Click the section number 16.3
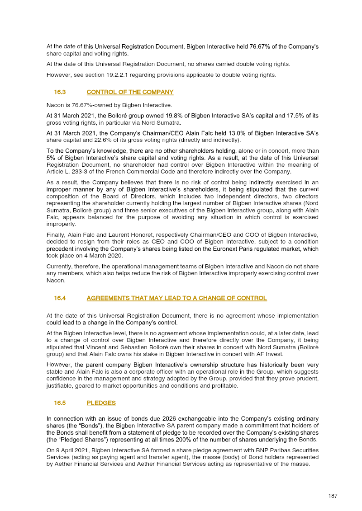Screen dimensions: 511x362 [60, 92]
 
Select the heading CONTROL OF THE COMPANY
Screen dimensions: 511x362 [130, 92]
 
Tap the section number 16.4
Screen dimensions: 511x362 [60, 298]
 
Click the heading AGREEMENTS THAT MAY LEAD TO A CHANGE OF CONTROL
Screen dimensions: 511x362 [176, 298]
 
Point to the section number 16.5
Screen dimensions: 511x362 [60, 403]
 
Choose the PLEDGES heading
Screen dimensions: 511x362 [101, 403]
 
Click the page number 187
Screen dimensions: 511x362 [333, 496]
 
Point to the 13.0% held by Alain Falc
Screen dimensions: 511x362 [200, 133]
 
